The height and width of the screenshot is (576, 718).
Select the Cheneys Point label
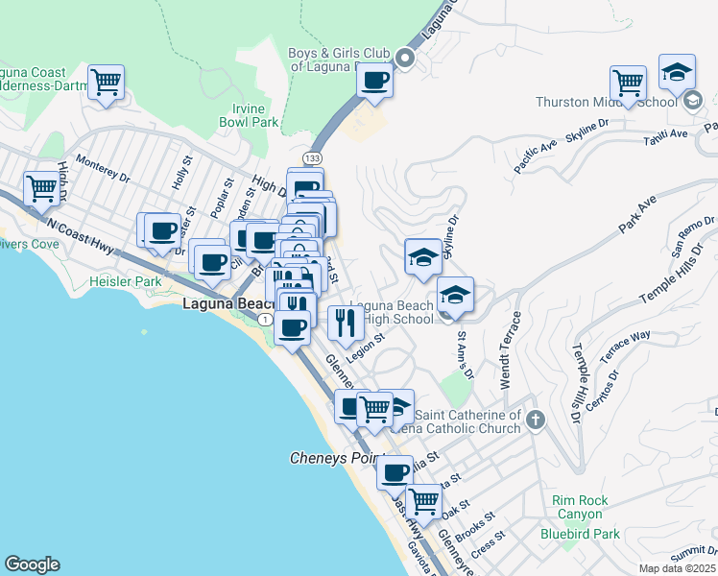[x=337, y=459]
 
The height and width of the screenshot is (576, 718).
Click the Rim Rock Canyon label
[x=580, y=508]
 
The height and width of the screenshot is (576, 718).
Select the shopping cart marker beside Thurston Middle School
[x=628, y=82]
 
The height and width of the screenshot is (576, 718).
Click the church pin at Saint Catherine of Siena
[x=536, y=420]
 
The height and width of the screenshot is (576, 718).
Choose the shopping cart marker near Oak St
[x=423, y=500]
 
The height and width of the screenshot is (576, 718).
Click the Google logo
[x=32, y=564]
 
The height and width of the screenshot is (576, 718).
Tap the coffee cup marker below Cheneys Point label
[x=395, y=471]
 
